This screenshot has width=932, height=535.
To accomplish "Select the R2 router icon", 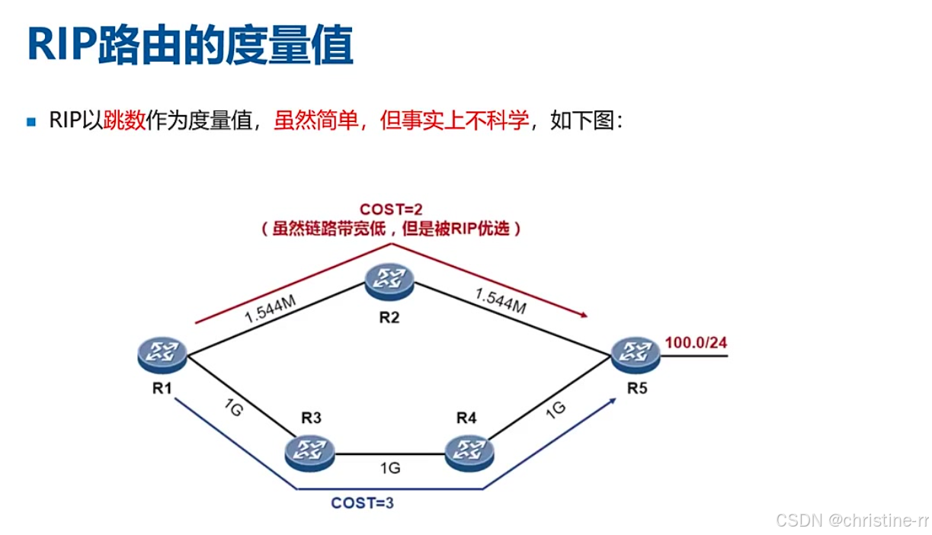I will point(389,279).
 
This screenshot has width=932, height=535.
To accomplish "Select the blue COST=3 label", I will point(362,503).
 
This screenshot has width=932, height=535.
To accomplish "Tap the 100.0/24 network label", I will point(696,342).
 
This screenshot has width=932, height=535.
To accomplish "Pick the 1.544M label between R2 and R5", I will point(500,302).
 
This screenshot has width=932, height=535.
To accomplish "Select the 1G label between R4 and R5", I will point(555,409).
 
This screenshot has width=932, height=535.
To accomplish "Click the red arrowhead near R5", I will point(586,314).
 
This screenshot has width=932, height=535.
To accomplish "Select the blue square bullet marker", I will point(31,121).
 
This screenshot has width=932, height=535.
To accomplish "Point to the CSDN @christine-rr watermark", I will point(852,521).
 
